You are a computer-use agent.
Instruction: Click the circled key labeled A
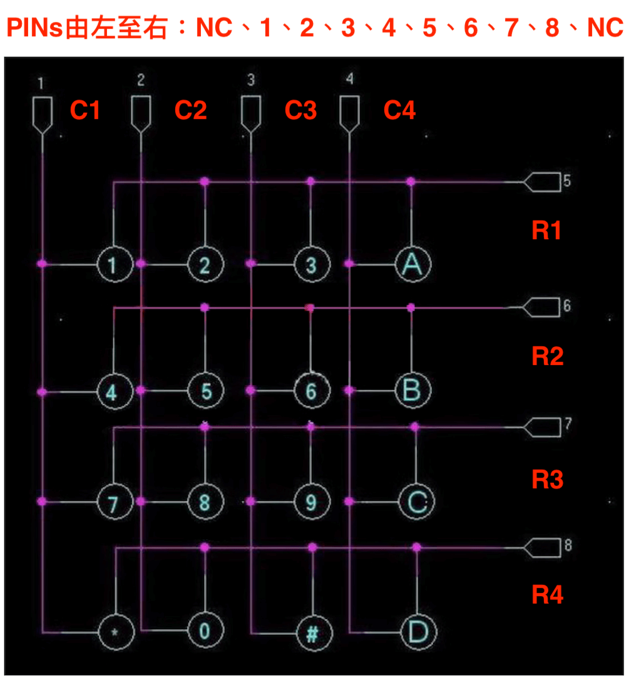(413, 264)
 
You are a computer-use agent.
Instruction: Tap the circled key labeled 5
(205, 391)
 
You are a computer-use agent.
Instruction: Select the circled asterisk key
(116, 632)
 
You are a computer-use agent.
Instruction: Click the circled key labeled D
(418, 632)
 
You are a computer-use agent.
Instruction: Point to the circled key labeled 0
(205, 630)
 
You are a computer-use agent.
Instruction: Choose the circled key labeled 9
(312, 502)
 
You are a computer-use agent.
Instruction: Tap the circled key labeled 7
(115, 502)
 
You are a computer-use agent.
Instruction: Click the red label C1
(85, 110)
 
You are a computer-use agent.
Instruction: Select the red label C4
(399, 110)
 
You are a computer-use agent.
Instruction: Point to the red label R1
(546, 230)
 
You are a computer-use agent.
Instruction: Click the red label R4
(547, 594)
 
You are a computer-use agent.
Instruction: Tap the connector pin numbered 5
(542, 182)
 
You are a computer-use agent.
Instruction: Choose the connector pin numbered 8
(542, 547)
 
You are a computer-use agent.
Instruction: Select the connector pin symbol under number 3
(251, 114)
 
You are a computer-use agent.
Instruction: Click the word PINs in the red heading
(34, 28)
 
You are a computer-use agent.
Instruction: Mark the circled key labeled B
(413, 391)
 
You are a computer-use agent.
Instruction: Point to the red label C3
(301, 110)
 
